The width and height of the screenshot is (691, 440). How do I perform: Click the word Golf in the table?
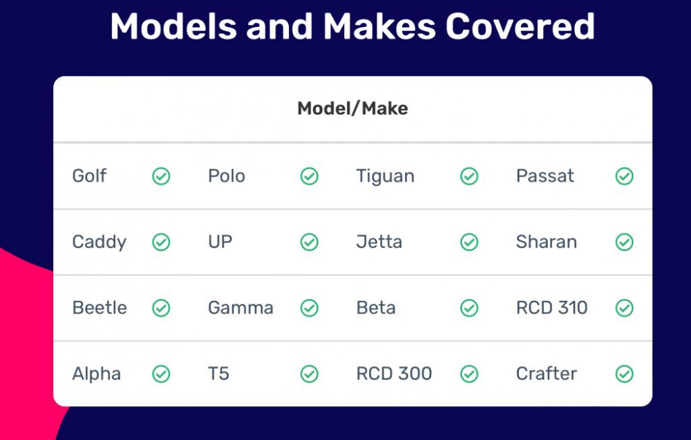pos(89,176)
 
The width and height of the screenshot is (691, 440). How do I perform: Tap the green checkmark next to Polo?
pos(310,176)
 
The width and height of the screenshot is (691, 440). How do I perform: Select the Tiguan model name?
pos(385,176)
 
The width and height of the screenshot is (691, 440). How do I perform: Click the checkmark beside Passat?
pos(625,176)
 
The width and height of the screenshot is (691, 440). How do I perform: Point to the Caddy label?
pos(99,242)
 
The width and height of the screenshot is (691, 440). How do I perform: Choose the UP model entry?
pos(220,242)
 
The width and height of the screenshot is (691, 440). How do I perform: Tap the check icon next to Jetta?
pos(469,242)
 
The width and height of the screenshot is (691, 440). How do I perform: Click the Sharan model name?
pos(547,242)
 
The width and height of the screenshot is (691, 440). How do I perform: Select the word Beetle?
pos(100,308)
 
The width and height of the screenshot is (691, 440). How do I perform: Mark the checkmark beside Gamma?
pos(310,308)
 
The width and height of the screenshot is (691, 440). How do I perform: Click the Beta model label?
pos(375,308)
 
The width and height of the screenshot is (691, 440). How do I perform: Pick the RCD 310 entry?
pos(551,308)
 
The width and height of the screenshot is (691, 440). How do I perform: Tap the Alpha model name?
pos(97,374)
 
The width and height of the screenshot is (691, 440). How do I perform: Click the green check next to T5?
pos(310,374)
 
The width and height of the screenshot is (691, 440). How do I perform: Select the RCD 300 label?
pos(394,374)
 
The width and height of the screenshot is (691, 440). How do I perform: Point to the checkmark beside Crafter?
pos(625,374)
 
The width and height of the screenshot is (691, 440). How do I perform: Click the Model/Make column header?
pos(352,108)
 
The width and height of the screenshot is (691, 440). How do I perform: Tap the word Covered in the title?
pos(520,26)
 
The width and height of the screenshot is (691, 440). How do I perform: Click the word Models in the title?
pos(173,26)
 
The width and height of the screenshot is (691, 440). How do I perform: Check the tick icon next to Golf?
pos(161,176)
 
